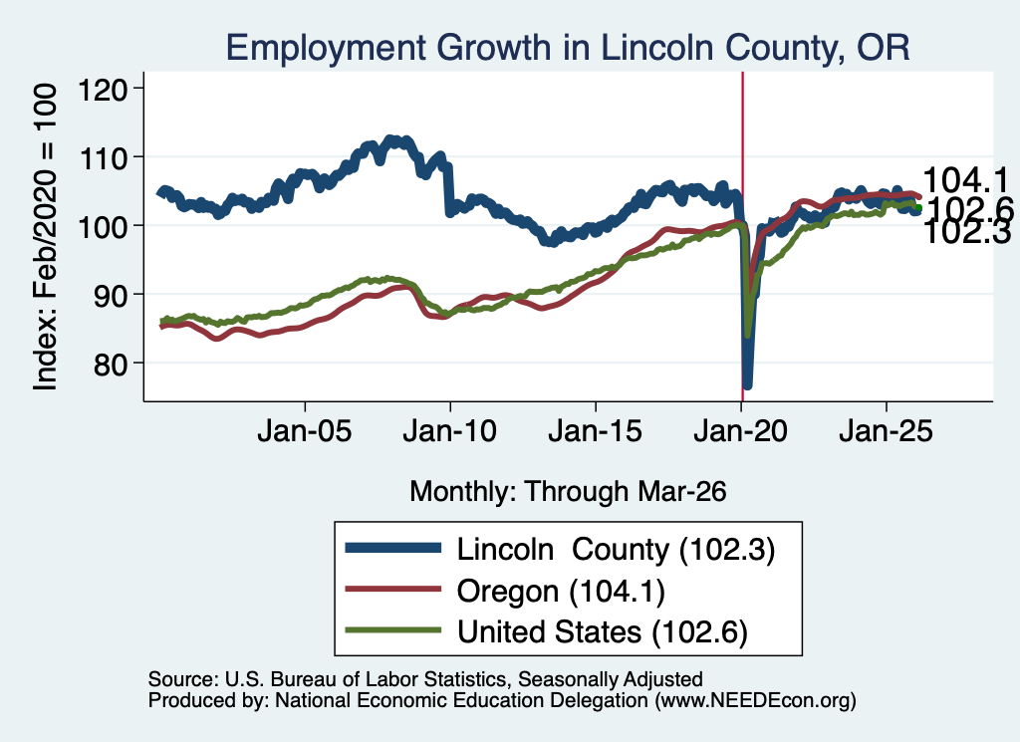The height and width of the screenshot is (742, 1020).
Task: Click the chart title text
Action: tap(567, 48)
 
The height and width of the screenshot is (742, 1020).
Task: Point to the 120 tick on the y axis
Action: tap(103, 89)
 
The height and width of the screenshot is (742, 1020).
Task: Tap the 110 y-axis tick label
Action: tap(103, 157)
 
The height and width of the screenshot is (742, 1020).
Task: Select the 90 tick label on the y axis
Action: tap(110, 295)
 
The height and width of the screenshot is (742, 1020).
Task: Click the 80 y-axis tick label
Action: tap(110, 364)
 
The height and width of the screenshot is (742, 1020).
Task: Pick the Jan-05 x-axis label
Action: tap(305, 431)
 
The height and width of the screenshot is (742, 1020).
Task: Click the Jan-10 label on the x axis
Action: tap(449, 431)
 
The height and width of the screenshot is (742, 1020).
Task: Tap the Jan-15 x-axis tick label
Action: tap(596, 431)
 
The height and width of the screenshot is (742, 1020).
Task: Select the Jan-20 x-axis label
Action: tap(740, 431)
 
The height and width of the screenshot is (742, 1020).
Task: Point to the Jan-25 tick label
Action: tap(886, 431)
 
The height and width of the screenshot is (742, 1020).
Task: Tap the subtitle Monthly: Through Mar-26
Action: tap(568, 492)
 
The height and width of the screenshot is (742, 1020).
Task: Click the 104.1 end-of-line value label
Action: tap(965, 180)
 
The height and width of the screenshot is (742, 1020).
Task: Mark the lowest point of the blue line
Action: tap(747, 386)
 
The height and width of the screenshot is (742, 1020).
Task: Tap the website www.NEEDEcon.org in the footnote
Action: tap(755, 700)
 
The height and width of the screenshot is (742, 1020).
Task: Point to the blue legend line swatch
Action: tap(392, 548)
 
